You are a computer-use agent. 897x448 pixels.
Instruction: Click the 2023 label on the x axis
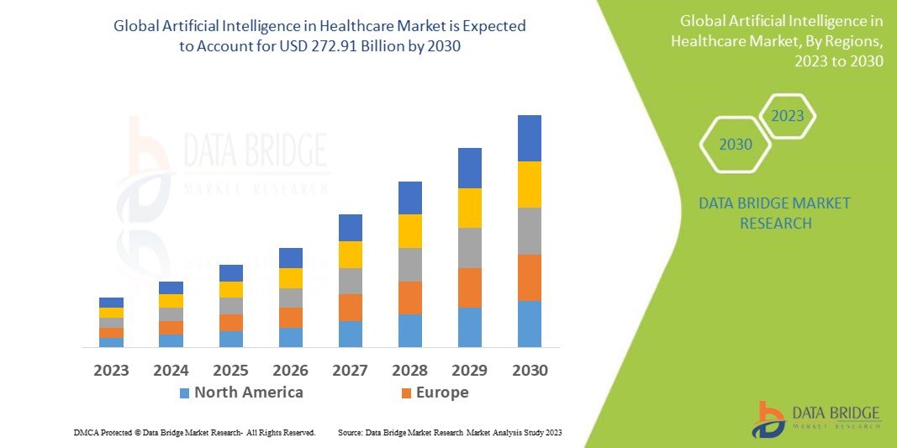pyautogui.click(x=111, y=371)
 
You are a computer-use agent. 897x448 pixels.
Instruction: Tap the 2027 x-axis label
pyautogui.click(x=350, y=371)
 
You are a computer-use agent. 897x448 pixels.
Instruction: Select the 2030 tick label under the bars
pyautogui.click(x=530, y=371)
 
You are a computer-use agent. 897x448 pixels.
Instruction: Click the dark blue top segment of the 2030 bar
pyautogui.click(x=529, y=138)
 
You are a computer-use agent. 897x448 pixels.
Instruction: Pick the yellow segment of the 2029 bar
pyautogui.click(x=469, y=208)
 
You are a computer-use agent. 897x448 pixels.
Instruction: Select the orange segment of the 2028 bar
pyautogui.click(x=409, y=298)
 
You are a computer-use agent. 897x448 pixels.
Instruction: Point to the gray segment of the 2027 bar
pyautogui.click(x=350, y=281)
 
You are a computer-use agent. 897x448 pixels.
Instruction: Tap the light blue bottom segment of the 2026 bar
pyautogui.click(x=290, y=337)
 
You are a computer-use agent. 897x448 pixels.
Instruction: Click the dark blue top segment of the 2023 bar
pyautogui.click(x=111, y=303)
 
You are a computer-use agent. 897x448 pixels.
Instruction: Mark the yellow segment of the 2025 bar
pyautogui.click(x=230, y=289)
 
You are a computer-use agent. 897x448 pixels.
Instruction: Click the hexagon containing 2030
pyautogui.click(x=736, y=145)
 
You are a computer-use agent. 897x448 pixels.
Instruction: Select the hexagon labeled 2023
pyautogui.click(x=788, y=116)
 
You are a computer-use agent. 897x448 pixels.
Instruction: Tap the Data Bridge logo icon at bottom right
pyautogui.click(x=768, y=419)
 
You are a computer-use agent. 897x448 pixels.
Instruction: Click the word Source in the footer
pyautogui.click(x=350, y=432)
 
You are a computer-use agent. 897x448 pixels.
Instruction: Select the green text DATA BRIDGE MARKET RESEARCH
pyautogui.click(x=774, y=213)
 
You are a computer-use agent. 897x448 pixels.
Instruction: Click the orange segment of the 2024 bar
pyautogui.click(x=171, y=328)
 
